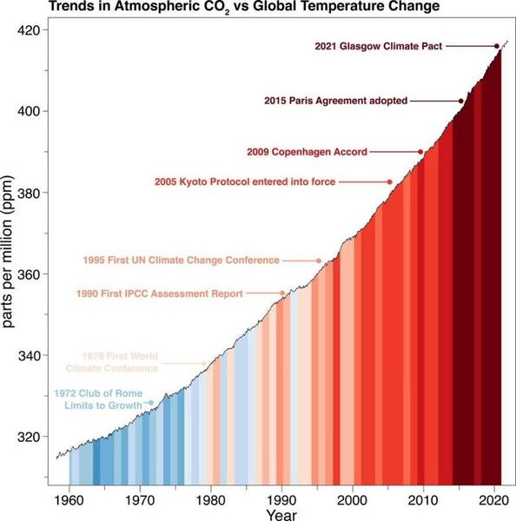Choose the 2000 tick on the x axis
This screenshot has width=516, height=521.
(x=352, y=500)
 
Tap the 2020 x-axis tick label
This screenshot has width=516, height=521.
(x=493, y=500)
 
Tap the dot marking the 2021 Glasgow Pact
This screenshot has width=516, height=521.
(x=497, y=46)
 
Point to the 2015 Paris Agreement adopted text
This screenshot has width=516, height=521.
(x=335, y=101)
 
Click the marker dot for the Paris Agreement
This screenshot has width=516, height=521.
(x=461, y=101)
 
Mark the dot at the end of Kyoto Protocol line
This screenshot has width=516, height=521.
(x=390, y=181)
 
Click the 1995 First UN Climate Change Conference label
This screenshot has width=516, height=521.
(x=181, y=260)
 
